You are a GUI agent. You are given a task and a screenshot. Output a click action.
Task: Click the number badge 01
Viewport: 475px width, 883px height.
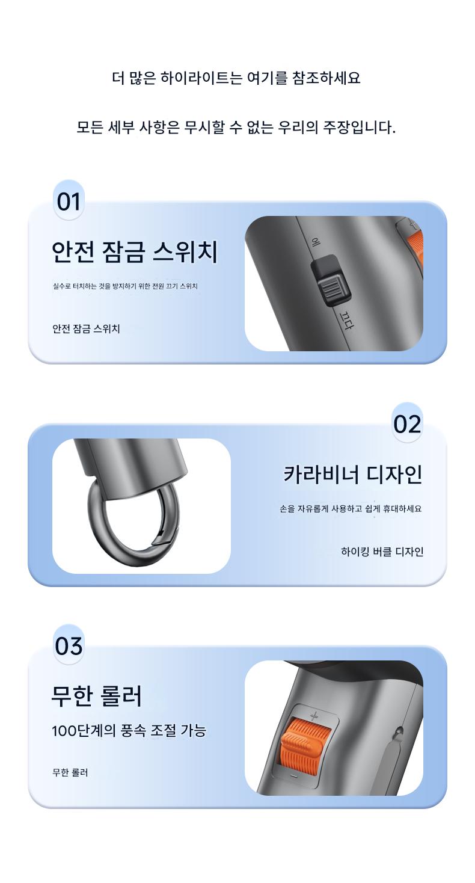[69, 202]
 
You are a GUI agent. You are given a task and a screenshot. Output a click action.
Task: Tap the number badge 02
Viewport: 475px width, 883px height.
[407, 424]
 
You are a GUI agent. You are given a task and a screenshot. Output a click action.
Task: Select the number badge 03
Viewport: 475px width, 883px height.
[69, 646]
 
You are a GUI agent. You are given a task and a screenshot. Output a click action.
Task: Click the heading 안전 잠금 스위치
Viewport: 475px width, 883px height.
[135, 252]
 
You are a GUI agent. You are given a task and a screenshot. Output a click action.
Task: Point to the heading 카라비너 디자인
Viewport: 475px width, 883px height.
[353, 474]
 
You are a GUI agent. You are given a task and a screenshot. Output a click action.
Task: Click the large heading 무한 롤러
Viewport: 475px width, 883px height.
[97, 696]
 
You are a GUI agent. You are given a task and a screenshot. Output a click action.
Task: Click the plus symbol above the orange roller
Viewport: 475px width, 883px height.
[314, 715]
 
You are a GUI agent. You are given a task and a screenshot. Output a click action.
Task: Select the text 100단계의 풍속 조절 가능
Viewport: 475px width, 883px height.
[129, 731]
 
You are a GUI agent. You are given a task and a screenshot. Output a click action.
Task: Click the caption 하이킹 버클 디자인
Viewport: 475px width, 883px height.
[382, 552]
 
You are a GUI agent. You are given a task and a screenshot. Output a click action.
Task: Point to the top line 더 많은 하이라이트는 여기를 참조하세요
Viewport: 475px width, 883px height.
[236, 78]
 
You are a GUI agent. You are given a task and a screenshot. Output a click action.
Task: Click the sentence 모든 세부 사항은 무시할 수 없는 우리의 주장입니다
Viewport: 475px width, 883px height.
[236, 127]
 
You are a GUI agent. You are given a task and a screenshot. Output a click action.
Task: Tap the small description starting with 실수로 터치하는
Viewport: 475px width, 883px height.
[125, 286]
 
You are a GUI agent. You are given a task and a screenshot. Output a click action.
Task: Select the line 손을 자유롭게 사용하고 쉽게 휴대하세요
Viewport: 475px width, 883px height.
[351, 508]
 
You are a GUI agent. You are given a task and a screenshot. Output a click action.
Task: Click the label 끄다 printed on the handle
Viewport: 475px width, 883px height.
[346, 319]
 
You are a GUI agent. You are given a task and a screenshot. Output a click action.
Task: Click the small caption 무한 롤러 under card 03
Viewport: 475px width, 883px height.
[70, 772]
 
